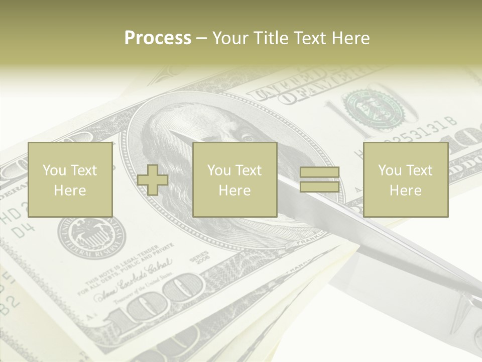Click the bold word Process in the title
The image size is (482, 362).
[158, 38]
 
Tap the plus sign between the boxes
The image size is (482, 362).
[153, 180]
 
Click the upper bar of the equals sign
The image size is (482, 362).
[319, 172]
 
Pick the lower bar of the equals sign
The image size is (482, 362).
[319, 187]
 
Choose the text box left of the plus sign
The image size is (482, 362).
[70, 179]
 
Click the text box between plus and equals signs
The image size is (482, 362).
[234, 179]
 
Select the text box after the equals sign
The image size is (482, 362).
[405, 179]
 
